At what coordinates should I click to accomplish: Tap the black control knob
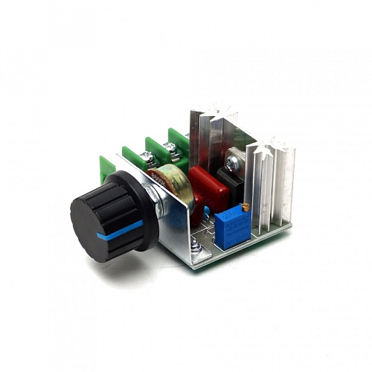(104, 216)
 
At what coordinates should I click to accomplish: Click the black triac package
(237, 179)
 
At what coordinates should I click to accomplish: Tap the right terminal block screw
(173, 149)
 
